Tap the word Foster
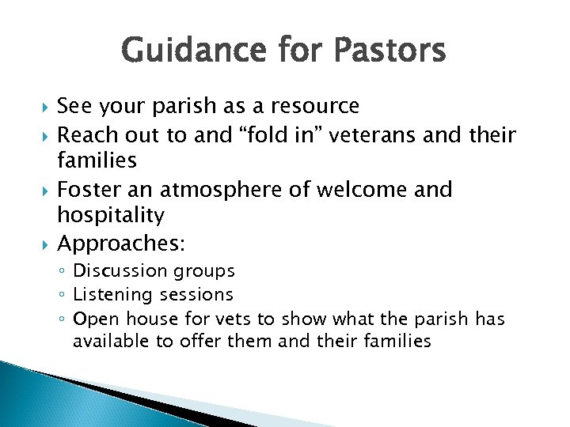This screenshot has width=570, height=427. point(89,190)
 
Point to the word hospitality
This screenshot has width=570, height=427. point(111,215)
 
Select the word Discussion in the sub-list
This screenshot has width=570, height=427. point(118,271)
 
